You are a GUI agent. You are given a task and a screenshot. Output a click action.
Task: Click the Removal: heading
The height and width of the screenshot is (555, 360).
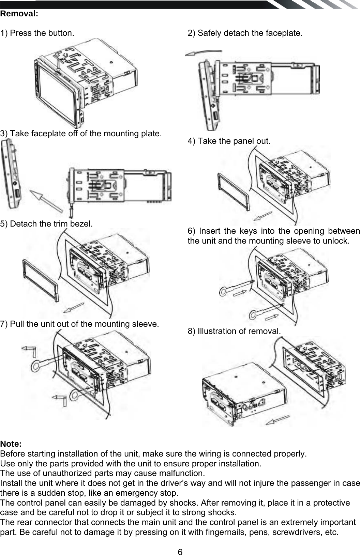pos(19,14)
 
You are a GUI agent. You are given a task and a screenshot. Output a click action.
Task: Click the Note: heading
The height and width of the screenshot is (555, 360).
pos(11,444)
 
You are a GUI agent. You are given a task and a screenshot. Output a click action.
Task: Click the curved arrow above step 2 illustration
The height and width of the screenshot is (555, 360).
pos(203,52)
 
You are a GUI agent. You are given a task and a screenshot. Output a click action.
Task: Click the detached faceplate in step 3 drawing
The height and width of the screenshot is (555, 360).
pos(10,175)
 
